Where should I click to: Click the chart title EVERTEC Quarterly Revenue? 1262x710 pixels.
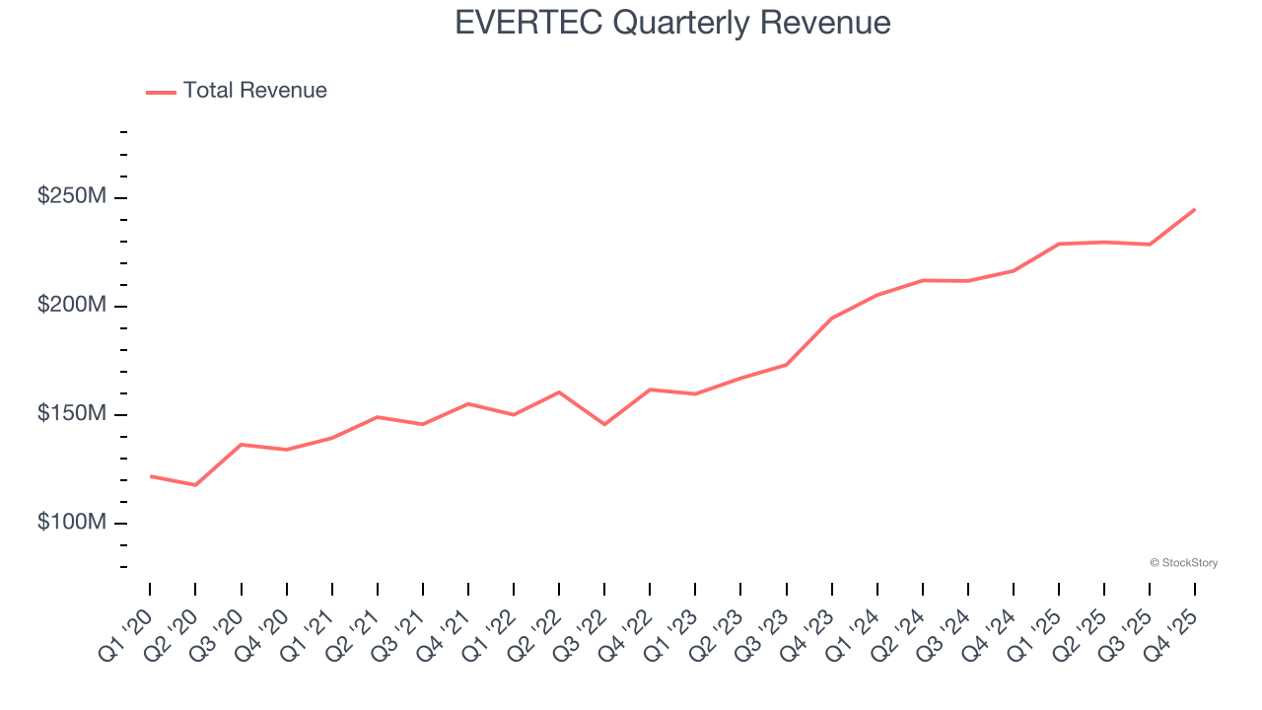pos(672,23)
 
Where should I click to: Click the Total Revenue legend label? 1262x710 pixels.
pos(254,91)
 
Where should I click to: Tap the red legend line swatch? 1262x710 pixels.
pos(161,92)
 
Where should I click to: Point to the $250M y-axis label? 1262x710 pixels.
pos(72,197)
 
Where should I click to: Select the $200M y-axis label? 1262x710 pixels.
pos(72,306)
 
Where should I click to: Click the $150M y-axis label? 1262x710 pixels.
pos(72,414)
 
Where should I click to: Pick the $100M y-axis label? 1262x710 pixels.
pos(72,523)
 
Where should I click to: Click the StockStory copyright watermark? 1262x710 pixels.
pos(1183,563)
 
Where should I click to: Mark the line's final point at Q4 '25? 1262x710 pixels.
pos(1195,209)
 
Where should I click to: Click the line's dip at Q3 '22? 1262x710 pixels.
pos(604,424)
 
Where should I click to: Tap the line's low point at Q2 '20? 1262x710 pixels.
pos(195,485)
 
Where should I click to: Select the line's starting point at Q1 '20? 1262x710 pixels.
pos(150,476)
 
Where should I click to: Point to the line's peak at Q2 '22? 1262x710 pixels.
pos(559,392)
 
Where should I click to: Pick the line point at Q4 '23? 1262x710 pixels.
pos(831,319)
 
